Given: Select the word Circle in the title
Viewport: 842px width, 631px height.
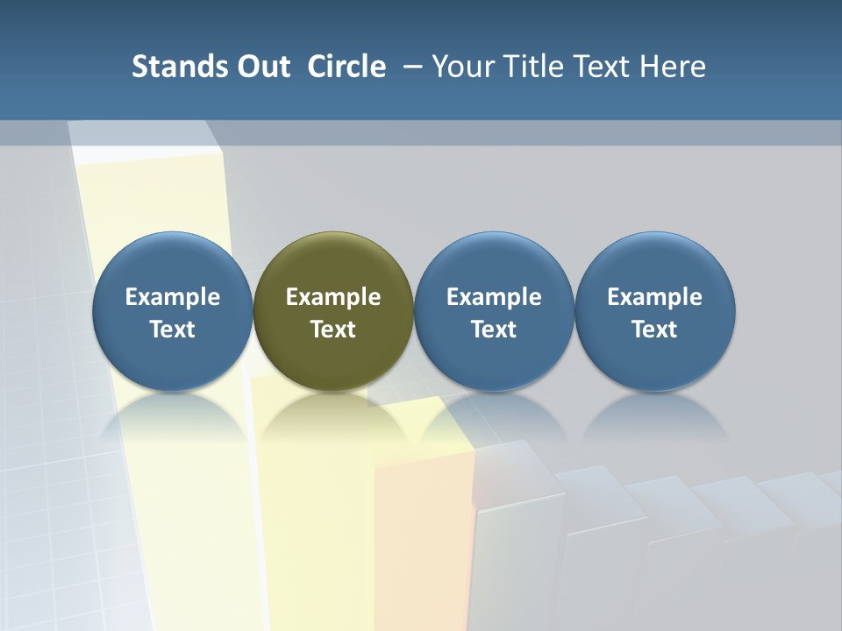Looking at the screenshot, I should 346,67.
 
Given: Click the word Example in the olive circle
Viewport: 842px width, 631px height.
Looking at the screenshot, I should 333,297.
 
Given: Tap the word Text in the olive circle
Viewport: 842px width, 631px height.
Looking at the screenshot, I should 333,330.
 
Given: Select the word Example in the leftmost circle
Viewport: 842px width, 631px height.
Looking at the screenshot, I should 173,297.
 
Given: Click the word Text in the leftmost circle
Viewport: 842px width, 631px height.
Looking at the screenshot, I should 173,330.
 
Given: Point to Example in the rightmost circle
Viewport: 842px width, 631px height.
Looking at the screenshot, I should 655,297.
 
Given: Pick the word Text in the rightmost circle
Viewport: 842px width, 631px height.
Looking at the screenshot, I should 655,330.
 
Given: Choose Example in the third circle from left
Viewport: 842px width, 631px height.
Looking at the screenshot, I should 494,297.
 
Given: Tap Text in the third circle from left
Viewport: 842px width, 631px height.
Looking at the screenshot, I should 494,330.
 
